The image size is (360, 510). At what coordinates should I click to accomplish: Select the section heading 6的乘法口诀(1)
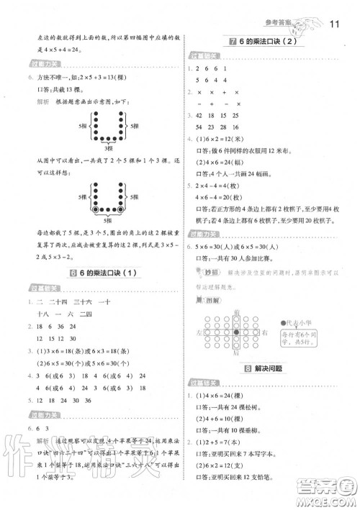click(101, 273)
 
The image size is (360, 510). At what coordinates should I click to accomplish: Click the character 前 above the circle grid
click(236, 311)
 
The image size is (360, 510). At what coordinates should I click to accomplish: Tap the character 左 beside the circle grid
click(198, 333)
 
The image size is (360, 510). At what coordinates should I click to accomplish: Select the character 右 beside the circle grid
click(264, 333)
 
